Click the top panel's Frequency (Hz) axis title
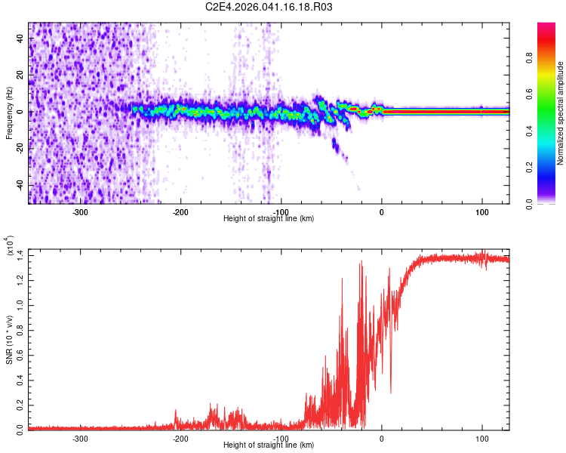(x=8, y=112)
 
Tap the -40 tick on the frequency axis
(x=20, y=185)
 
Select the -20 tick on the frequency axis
(x=20, y=149)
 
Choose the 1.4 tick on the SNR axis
(x=20, y=257)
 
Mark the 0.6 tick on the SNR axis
(x=20, y=354)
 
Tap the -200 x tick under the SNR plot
(x=180, y=437)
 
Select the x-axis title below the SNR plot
(x=269, y=445)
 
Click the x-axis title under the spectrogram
(x=269, y=219)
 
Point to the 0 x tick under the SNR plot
(x=382, y=437)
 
